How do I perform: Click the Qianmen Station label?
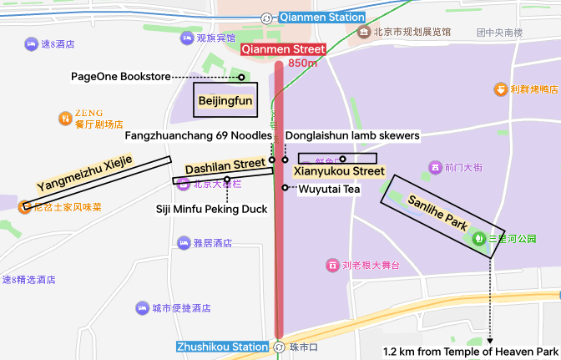[x=321, y=17]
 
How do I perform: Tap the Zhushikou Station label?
[x=223, y=347]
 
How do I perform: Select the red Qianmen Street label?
[x=283, y=49]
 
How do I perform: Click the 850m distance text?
[x=302, y=63]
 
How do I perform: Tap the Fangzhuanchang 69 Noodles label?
[x=199, y=135]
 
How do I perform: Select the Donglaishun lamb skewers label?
[x=352, y=135]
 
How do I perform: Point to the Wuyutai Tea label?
[x=329, y=189]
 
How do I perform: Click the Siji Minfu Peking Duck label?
[x=212, y=209]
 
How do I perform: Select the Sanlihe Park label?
[x=437, y=212]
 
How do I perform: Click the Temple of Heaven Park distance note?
[x=470, y=352]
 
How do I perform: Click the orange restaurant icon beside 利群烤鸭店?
[x=500, y=89]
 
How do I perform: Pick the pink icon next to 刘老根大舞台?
[x=333, y=265]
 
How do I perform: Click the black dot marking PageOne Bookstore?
[x=241, y=77]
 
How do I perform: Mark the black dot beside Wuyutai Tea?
[x=286, y=187]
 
